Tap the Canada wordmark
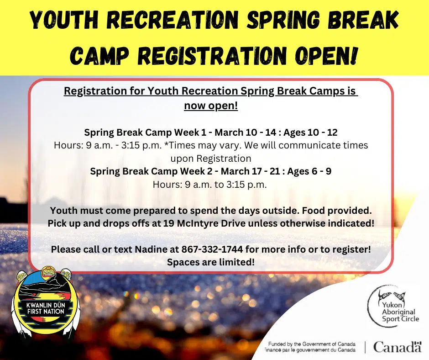click(x=397, y=347)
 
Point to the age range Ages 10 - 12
click(x=310, y=133)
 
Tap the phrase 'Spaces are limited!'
click(x=210, y=262)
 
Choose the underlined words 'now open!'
click(x=210, y=106)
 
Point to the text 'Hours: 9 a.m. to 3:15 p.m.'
click(x=211, y=185)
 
